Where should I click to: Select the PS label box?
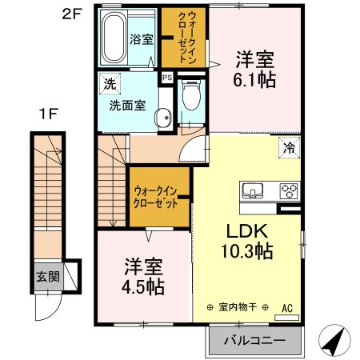click(166, 78)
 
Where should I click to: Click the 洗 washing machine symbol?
click(106, 82)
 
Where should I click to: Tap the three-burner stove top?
click(288, 190)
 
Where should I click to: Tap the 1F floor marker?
click(48, 114)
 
